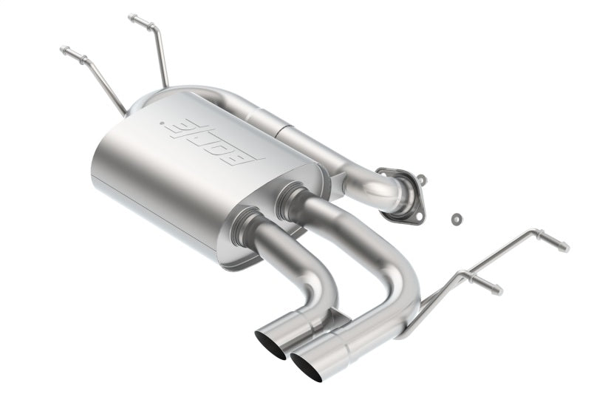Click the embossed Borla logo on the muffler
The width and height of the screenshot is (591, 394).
point(213,140)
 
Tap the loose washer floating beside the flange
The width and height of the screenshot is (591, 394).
point(456,218)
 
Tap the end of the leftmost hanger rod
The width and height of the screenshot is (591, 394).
point(64,50)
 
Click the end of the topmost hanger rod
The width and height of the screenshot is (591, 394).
point(132,17)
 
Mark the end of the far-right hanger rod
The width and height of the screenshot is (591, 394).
point(564,247)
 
